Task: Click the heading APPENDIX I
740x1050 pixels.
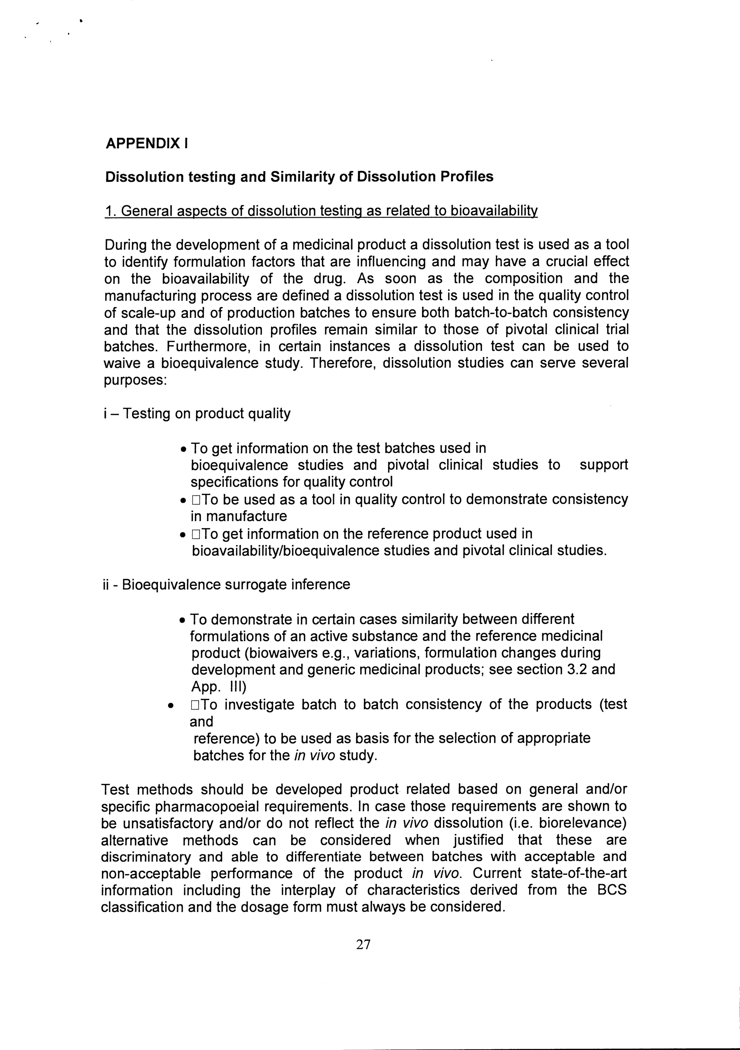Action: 146,143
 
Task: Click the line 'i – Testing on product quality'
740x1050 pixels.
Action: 197,413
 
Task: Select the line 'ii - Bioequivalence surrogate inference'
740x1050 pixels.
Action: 227,585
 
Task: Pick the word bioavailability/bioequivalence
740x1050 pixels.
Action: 285,551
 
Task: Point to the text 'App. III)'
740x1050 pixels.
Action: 218,687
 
